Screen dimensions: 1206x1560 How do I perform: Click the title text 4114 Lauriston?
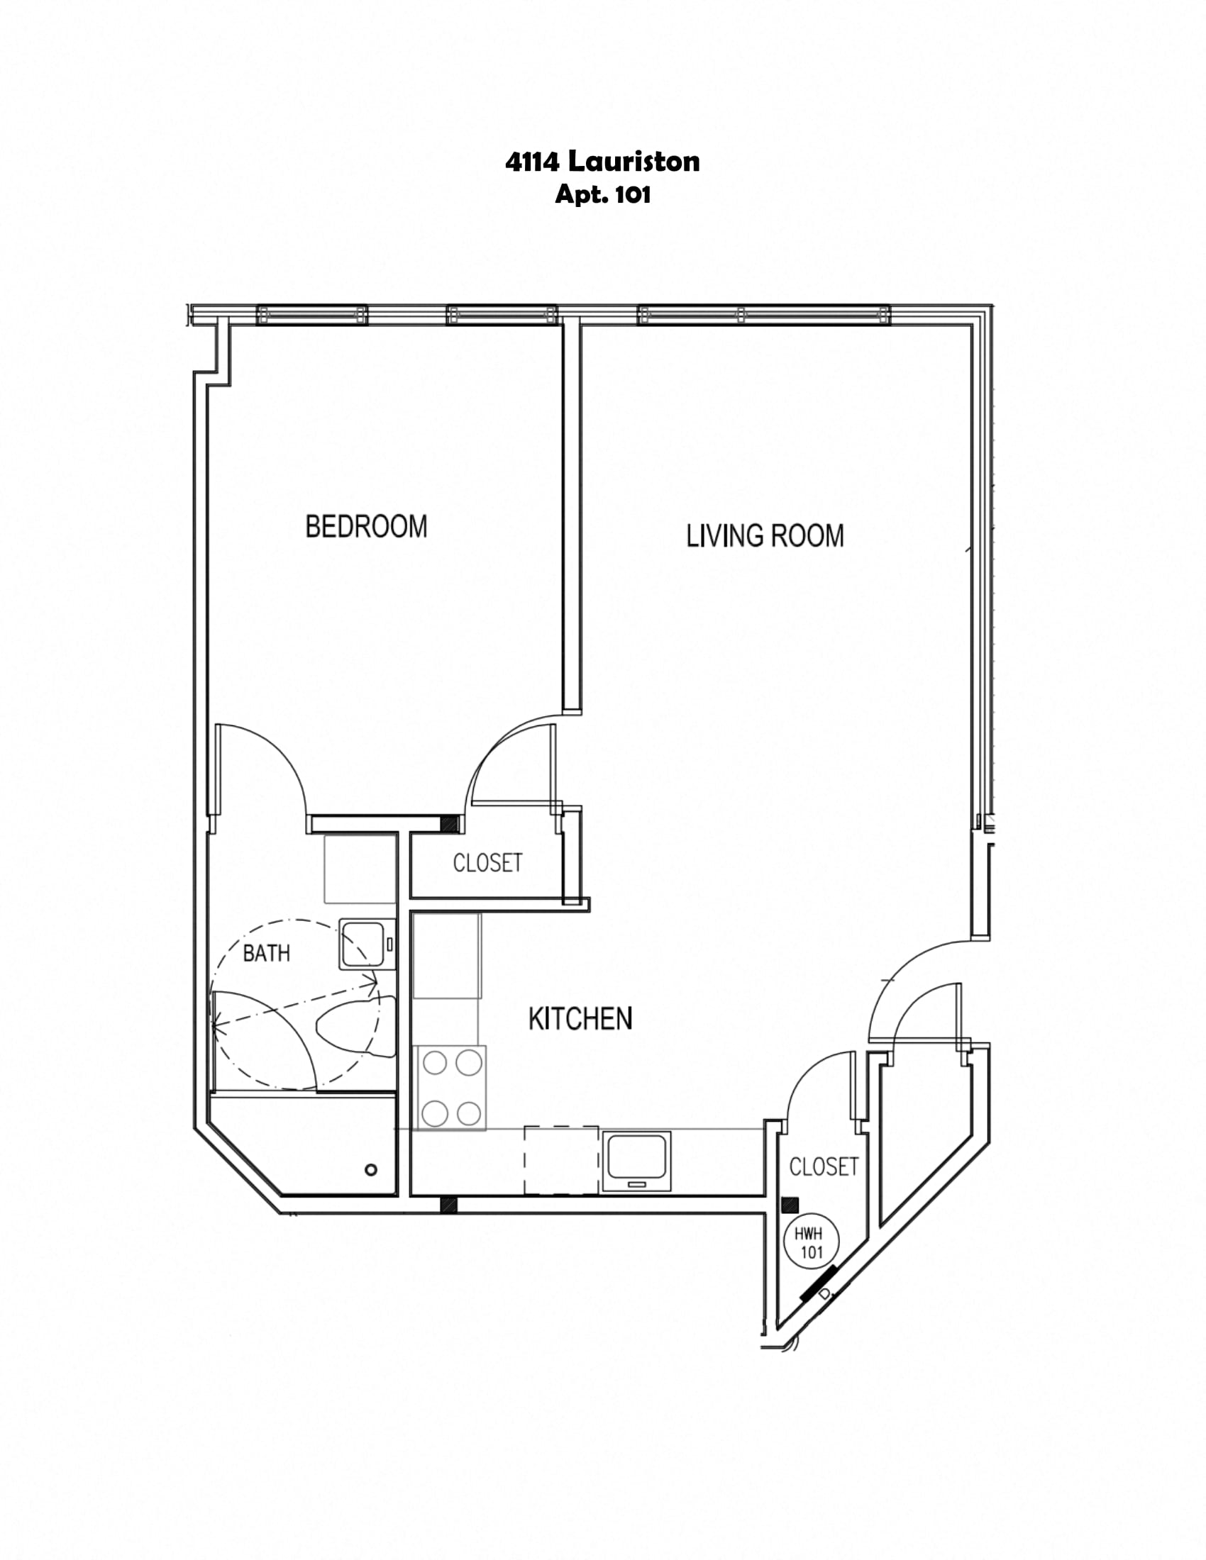pyautogui.click(x=602, y=162)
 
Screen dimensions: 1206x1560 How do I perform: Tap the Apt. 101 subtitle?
pyautogui.click(x=603, y=195)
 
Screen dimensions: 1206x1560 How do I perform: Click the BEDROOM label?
pyautogui.click(x=366, y=526)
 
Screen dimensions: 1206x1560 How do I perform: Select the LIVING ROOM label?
pyautogui.click(x=765, y=535)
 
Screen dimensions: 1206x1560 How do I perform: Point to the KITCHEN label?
pyautogui.click(x=580, y=1018)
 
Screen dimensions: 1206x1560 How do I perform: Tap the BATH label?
pyautogui.click(x=267, y=953)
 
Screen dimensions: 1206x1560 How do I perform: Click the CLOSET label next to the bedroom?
pyautogui.click(x=488, y=863)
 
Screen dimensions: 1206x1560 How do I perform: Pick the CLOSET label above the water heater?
pyautogui.click(x=824, y=1167)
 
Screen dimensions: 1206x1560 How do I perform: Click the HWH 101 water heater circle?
pyautogui.click(x=812, y=1242)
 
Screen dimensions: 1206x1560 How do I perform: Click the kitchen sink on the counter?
pyautogui.click(x=636, y=1161)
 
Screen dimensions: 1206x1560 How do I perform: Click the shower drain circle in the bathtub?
pyautogui.click(x=371, y=1169)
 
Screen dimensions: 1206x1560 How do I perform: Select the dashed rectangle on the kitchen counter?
pyautogui.click(x=562, y=1160)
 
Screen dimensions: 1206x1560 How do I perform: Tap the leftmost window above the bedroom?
pyautogui.click(x=312, y=314)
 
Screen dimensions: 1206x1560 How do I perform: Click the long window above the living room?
pyautogui.click(x=764, y=314)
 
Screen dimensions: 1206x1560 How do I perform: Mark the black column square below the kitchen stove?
pyautogui.click(x=448, y=1204)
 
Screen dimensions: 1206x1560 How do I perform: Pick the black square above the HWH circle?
pyautogui.click(x=790, y=1205)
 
